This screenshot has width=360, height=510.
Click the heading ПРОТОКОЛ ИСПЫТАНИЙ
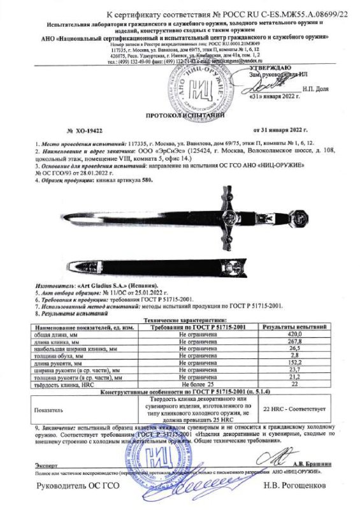(x=180, y=118)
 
